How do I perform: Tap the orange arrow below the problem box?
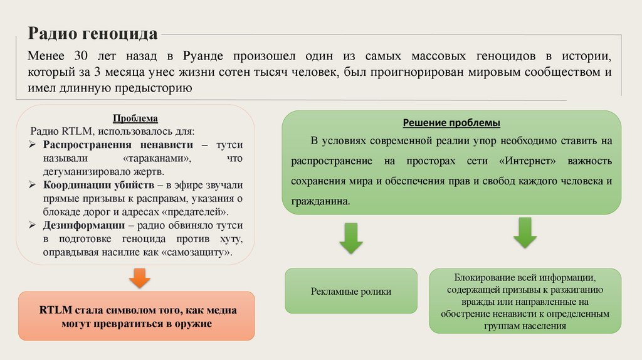tap(139, 277)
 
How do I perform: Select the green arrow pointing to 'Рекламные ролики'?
tap(350, 237)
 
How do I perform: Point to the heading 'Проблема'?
tap(135, 119)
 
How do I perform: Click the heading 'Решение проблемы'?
tap(451, 122)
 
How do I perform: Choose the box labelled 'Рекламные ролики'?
tap(350, 291)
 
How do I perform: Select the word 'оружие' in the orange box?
tap(193, 324)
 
